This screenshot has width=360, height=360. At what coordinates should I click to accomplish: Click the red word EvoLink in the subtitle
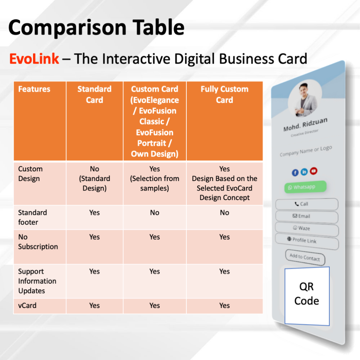(x=34, y=59)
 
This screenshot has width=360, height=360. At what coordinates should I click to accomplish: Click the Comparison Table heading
(x=96, y=27)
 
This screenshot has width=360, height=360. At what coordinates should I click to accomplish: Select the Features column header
(x=34, y=89)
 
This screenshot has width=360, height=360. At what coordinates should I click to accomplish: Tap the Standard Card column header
(x=94, y=94)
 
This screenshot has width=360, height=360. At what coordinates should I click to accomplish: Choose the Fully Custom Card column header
(x=225, y=94)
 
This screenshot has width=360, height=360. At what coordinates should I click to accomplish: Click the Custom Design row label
(x=30, y=174)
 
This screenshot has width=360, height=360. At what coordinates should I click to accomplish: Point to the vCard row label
(x=27, y=306)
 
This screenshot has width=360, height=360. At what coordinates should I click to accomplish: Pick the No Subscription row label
(x=38, y=242)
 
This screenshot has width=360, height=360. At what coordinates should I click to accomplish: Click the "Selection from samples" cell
(x=155, y=178)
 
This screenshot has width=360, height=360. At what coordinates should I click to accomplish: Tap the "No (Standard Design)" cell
(x=94, y=178)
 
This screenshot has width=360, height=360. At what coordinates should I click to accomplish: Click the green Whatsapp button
(x=306, y=187)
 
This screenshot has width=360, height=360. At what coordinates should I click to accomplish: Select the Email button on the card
(x=307, y=216)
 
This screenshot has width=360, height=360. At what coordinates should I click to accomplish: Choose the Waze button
(x=307, y=229)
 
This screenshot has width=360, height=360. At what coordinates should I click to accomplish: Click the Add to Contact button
(x=305, y=257)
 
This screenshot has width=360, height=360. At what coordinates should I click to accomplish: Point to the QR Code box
(x=307, y=296)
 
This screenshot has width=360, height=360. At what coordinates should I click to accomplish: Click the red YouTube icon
(x=314, y=171)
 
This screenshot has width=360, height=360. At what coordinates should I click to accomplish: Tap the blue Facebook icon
(x=295, y=172)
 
